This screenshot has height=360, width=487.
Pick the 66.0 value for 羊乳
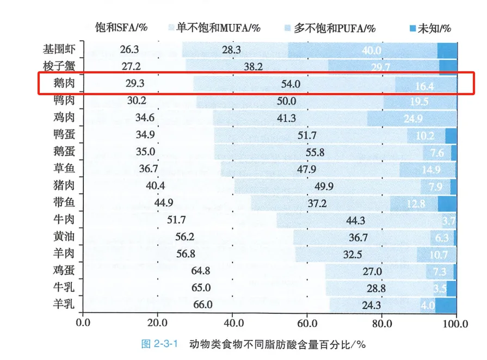pos(202,305)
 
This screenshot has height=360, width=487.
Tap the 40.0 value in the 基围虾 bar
pos(372,50)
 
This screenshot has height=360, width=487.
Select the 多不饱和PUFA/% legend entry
pos(330,28)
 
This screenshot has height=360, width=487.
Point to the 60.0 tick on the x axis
pos(307,324)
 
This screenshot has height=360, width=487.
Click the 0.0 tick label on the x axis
pos(83,324)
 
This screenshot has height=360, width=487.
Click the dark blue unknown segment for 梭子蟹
pos(448,67)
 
